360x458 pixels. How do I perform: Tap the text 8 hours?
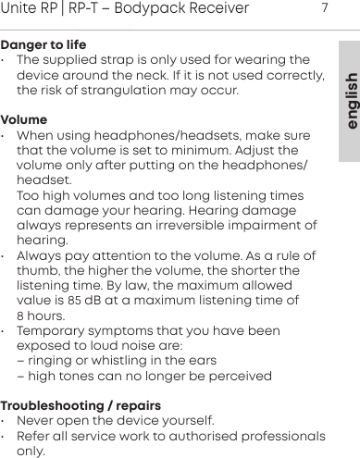[x=42, y=316]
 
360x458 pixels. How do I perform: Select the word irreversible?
[x=188, y=226]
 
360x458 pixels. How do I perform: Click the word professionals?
[x=276, y=436]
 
